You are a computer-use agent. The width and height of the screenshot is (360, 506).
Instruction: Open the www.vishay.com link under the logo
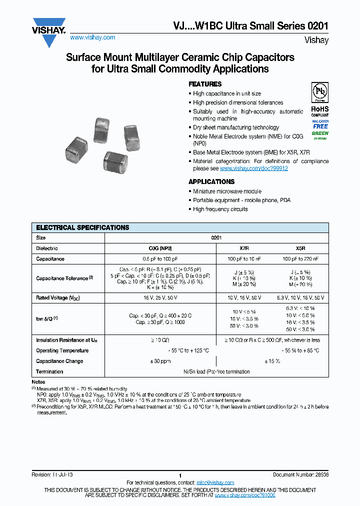coord(92,37)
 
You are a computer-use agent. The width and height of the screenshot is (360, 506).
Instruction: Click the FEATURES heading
coord(204,84)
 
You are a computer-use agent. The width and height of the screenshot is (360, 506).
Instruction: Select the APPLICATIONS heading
coord(211,181)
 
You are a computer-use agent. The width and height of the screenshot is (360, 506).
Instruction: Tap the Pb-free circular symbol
coord(320,93)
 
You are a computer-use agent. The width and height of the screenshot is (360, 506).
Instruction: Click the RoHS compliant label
coord(320,110)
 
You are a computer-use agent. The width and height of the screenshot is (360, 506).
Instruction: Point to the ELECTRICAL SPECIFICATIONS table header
coord(82,227)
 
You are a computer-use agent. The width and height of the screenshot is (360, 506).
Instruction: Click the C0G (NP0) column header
coord(160,248)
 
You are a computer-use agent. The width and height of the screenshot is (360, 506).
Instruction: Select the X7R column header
coord(243,248)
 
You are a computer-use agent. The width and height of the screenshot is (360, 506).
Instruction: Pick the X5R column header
coord(300,248)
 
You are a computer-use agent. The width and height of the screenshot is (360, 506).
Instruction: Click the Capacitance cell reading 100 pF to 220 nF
coord(300,259)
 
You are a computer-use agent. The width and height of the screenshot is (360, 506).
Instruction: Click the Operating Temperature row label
coord(62,350)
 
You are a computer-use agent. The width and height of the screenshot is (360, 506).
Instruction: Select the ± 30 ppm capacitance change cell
coord(160,361)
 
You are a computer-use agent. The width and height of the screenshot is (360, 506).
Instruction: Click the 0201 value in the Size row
coord(216,238)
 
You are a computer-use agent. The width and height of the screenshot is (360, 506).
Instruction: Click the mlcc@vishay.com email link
coord(215,482)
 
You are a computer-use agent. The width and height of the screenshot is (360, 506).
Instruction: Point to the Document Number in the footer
coord(300,474)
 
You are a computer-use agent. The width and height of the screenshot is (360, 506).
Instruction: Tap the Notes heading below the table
coord(38,382)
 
